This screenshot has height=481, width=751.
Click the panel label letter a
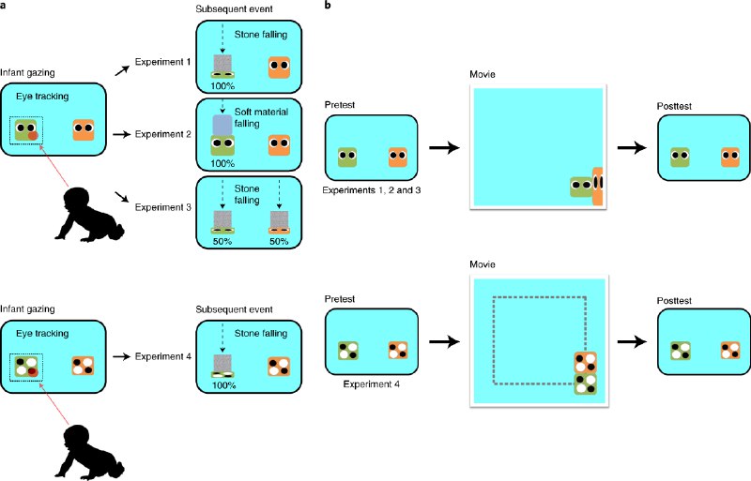pyautogui.click(x=4, y=6)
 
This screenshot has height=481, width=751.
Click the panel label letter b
pyautogui.click(x=327, y=6)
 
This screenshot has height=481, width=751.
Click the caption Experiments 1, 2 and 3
pyautogui.click(x=369, y=189)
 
